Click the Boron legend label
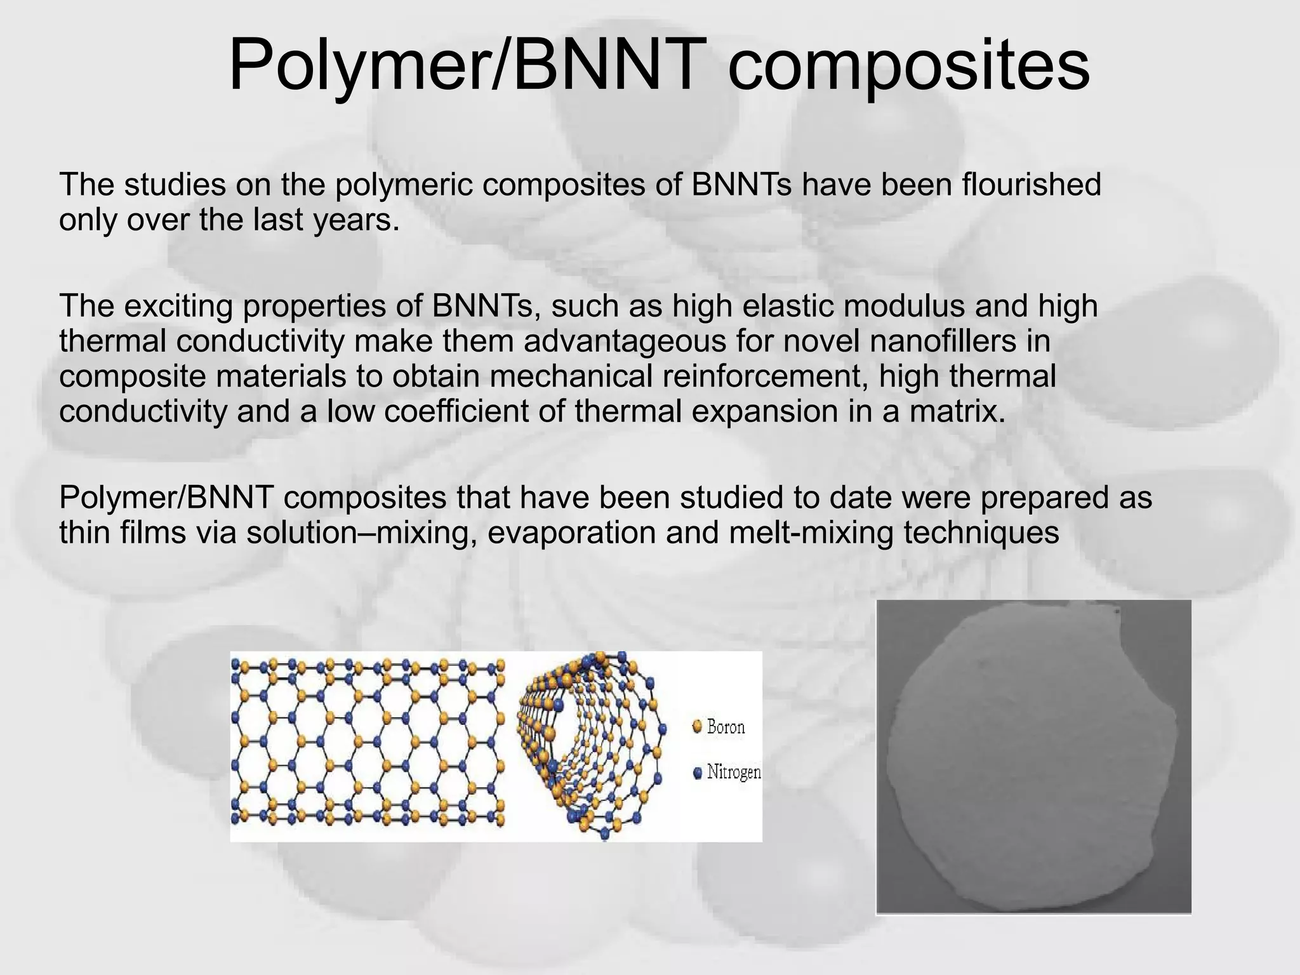(x=726, y=727)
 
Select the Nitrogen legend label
(x=734, y=773)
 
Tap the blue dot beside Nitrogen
(x=698, y=773)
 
